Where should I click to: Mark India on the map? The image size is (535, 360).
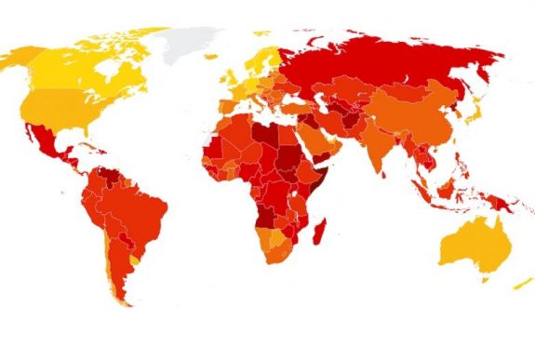point(380,149)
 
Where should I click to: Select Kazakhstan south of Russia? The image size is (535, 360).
point(349,93)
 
